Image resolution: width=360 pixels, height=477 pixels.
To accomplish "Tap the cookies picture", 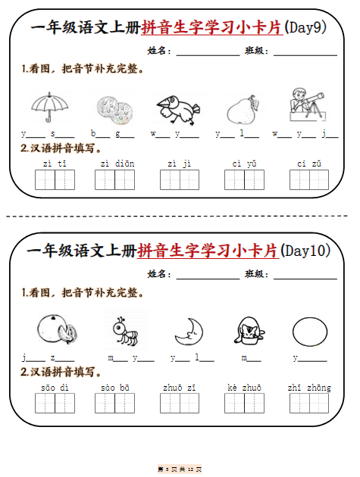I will coord(114,108).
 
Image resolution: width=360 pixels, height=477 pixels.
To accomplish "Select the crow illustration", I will coord(177,109).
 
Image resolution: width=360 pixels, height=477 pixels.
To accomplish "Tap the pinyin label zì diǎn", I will coord(114,163).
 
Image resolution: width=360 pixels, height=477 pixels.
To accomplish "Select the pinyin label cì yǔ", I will coord(244,163).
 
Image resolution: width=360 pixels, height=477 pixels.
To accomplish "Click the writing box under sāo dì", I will coord(55,404).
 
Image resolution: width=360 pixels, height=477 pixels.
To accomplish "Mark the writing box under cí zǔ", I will coord(309,180).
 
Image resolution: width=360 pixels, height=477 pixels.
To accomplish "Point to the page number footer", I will coord(180,469).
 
